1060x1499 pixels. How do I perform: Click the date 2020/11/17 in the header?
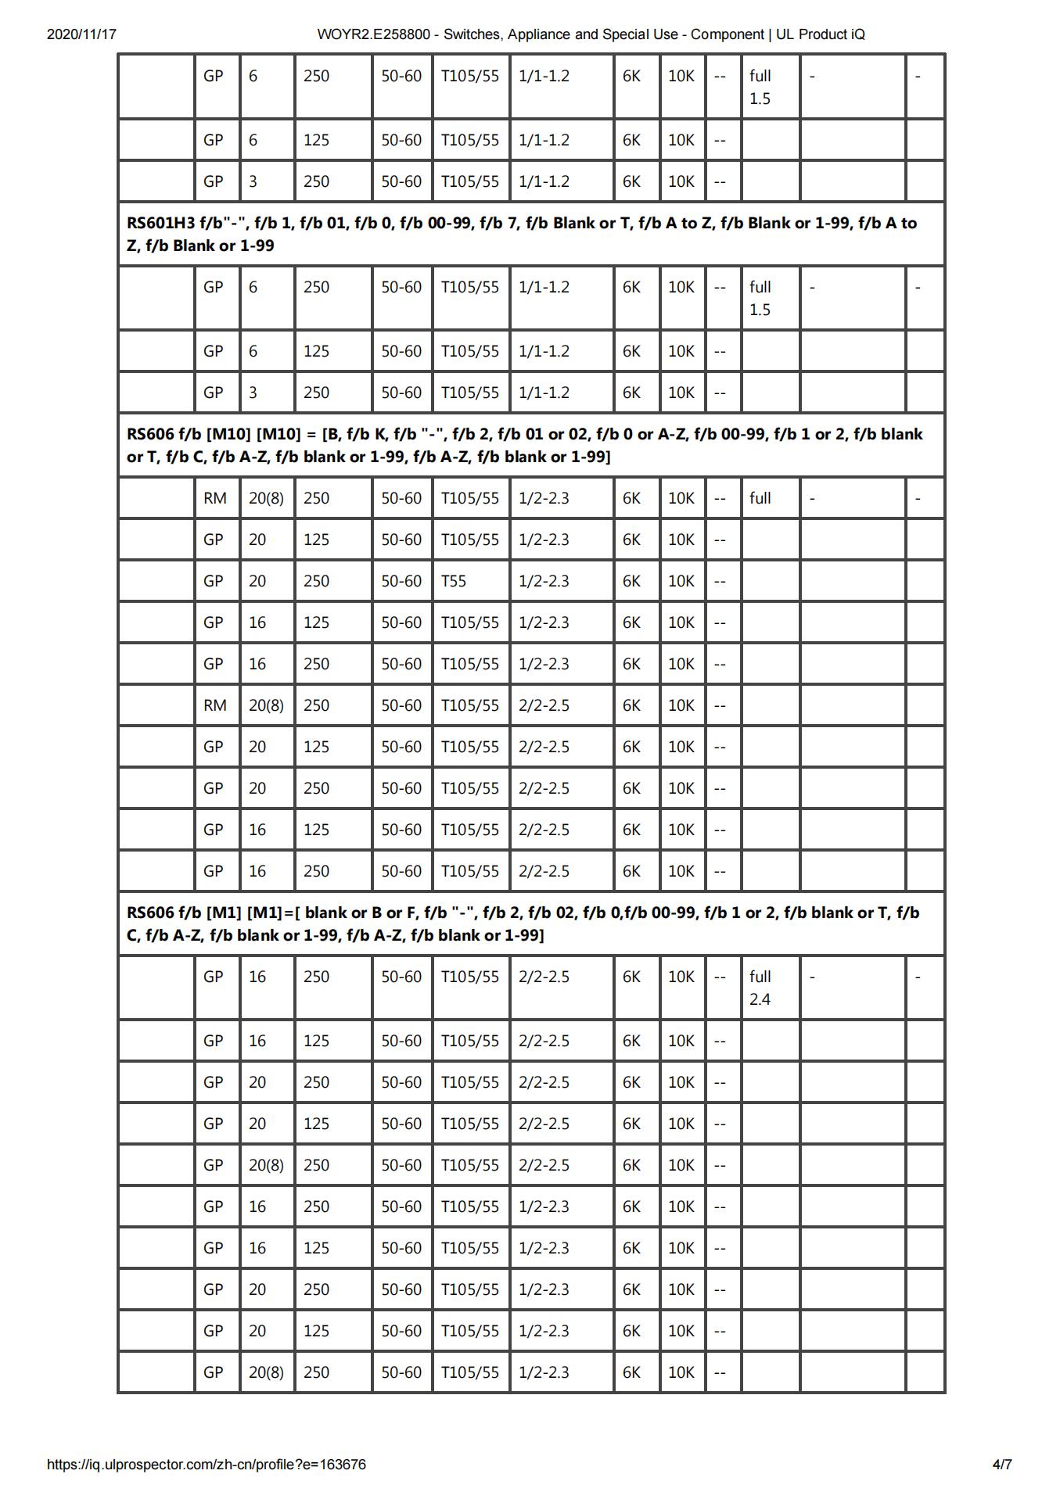pos(81,34)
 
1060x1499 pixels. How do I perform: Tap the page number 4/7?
pos(1002,1465)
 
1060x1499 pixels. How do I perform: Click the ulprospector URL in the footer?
pos(206,1465)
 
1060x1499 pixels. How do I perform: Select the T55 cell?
pos(454,581)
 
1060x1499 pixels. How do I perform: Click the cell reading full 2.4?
pos(760,988)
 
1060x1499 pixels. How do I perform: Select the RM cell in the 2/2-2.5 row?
pos(215,705)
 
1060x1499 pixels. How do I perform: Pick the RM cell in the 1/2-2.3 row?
pos(215,498)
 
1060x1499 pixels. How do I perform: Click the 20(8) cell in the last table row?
pos(266,1372)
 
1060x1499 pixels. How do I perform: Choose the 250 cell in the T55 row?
pos(316,581)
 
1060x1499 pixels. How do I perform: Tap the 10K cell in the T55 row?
pos(681,581)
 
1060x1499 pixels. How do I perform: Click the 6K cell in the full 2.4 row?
pos(631,977)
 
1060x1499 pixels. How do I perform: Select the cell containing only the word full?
pos(760,498)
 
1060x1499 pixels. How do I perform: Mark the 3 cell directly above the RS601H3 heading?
pos(253,181)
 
